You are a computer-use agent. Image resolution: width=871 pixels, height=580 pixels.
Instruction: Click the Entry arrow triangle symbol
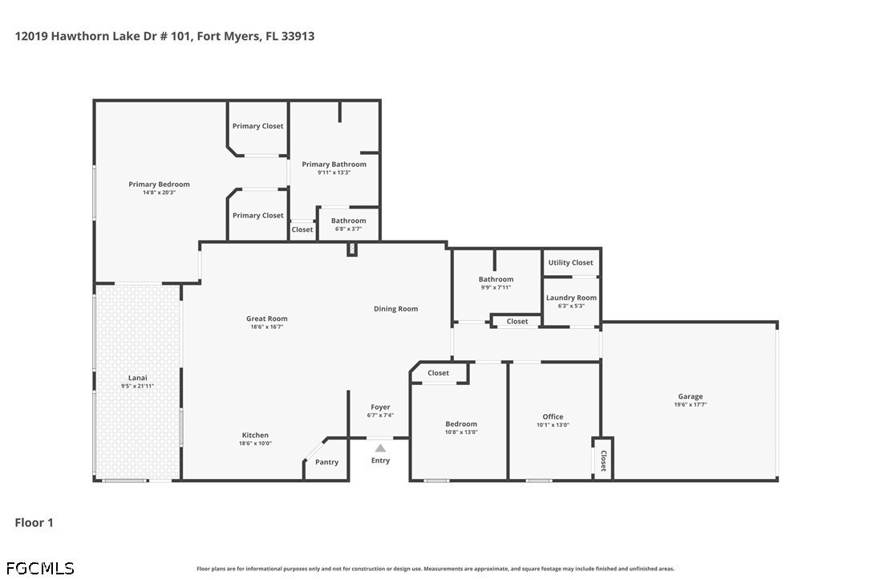(x=380, y=448)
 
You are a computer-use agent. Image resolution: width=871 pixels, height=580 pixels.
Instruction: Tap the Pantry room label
(x=326, y=462)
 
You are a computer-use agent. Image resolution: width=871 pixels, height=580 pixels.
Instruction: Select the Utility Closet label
(x=570, y=263)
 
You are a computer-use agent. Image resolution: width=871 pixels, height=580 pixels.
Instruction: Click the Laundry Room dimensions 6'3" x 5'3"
(x=571, y=306)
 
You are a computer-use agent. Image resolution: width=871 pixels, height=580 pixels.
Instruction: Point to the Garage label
(x=691, y=396)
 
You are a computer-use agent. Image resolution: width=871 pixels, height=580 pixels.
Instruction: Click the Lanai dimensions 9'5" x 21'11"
(x=138, y=386)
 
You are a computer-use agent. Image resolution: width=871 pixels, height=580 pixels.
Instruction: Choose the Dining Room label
(x=395, y=309)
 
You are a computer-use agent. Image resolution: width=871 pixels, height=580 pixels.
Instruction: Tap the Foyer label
(x=380, y=408)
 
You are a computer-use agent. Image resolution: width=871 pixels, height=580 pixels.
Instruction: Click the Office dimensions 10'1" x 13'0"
(x=553, y=425)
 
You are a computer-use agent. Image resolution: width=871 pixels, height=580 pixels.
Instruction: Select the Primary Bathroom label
(x=334, y=164)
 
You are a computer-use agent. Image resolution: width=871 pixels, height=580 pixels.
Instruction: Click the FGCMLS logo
(x=40, y=568)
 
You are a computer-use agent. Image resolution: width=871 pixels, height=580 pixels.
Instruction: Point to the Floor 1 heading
(x=34, y=523)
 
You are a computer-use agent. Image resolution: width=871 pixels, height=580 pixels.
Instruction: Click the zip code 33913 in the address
(x=298, y=36)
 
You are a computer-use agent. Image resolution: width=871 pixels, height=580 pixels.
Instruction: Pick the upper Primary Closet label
(x=257, y=126)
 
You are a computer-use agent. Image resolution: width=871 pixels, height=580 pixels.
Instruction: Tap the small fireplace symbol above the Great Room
(x=351, y=249)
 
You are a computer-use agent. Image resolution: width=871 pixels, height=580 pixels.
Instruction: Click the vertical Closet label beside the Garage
(x=603, y=460)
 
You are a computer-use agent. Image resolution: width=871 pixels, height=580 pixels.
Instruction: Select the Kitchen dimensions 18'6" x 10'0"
(x=256, y=444)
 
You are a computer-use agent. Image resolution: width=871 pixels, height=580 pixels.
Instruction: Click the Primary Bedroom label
(x=159, y=185)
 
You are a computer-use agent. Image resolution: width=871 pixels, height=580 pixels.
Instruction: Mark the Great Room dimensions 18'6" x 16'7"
(x=267, y=327)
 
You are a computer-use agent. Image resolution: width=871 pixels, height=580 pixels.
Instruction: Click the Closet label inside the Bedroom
(x=438, y=373)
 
